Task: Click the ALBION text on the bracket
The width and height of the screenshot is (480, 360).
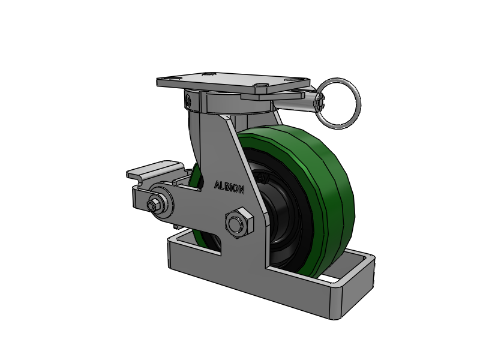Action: pyautogui.click(x=229, y=187)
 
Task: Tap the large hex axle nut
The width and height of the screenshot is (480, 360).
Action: pyautogui.click(x=239, y=223)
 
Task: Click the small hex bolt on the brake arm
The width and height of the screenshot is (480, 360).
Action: pyautogui.click(x=154, y=205)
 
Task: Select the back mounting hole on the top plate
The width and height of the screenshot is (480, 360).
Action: pyautogui.click(x=208, y=74)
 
